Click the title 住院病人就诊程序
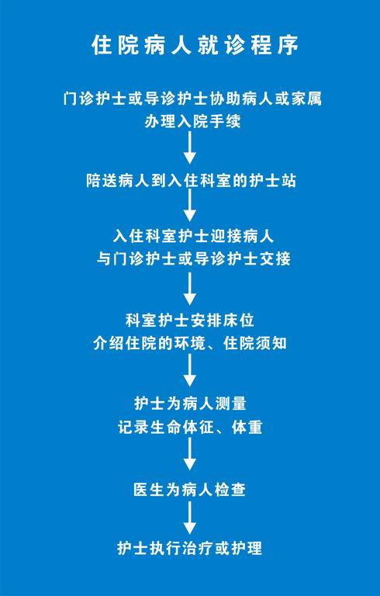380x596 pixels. [195, 46]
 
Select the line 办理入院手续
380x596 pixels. [192, 122]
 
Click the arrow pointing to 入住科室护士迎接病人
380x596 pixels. [190, 205]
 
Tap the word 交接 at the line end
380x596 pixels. [275, 259]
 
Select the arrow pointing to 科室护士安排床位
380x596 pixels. [190, 289]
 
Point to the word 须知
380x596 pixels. [271, 343]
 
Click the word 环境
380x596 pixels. [199, 343]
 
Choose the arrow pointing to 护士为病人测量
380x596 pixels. [190, 370]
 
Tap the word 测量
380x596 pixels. [231, 404]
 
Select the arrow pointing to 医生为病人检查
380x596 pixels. [190, 453]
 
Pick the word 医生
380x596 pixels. [149, 489]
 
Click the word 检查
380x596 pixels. [230, 489]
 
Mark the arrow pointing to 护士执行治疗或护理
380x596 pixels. [190, 518]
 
